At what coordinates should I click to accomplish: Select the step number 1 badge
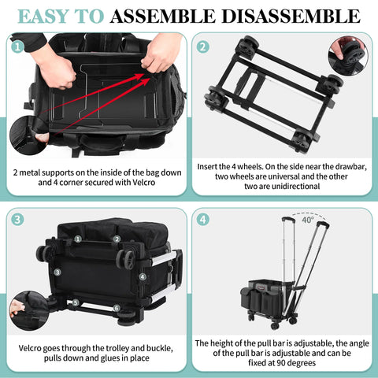pyautogui.click(x=17, y=46)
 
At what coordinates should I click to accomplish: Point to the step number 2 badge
pyautogui.click(x=203, y=46)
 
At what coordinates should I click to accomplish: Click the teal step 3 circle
pyautogui.click(x=17, y=220)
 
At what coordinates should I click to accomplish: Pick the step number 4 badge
pyautogui.click(x=203, y=220)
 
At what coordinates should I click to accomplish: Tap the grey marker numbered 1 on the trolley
pyautogui.click(x=78, y=238)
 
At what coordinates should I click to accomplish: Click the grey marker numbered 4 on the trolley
pyautogui.click(x=142, y=276)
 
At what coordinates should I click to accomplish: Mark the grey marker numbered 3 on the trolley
pyautogui.click(x=57, y=272)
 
